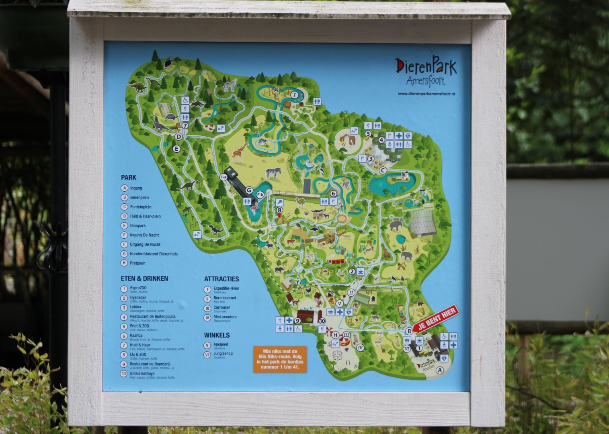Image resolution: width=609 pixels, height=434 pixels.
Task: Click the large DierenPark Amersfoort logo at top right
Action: [x=426, y=72]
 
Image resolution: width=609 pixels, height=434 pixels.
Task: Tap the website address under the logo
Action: [x=427, y=94]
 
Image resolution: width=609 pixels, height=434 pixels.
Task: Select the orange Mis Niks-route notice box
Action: [x=280, y=359]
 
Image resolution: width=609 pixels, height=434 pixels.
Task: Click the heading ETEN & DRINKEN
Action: [x=144, y=278]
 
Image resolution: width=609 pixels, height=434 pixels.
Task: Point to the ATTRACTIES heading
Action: [x=221, y=279]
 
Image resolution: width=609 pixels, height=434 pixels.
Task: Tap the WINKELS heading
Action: [x=217, y=335]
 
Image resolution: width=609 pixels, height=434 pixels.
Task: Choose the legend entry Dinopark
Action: [x=137, y=226]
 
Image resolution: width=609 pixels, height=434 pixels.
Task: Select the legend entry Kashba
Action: [x=136, y=336]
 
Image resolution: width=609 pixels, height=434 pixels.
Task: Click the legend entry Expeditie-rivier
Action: [x=226, y=289]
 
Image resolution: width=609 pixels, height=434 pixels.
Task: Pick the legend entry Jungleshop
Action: [x=223, y=354]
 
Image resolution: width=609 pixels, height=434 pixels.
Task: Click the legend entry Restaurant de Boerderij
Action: [x=150, y=364]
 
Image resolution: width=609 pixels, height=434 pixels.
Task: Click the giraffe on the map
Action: [x=240, y=152]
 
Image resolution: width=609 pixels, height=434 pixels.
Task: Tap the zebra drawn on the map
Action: [x=273, y=173]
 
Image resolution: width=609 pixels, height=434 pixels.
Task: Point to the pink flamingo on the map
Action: [x=254, y=208]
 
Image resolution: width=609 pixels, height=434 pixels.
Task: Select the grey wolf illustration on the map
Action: [x=230, y=85]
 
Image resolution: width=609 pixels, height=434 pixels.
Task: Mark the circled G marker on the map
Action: [x=249, y=190]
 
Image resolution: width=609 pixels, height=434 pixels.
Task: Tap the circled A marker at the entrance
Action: [x=439, y=371]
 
